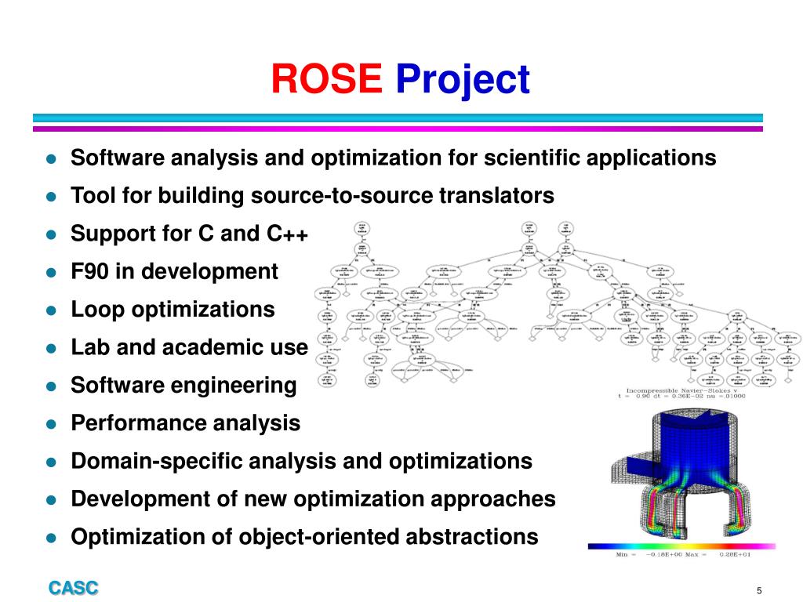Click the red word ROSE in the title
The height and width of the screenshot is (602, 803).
(326, 79)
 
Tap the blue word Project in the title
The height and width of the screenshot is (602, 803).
(463, 81)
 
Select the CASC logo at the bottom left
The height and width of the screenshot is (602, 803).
(74, 588)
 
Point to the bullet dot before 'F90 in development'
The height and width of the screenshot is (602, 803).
(51, 273)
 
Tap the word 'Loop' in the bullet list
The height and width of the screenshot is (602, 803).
(98, 310)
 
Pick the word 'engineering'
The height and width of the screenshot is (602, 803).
(234, 386)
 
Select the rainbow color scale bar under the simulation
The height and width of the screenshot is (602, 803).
(681, 546)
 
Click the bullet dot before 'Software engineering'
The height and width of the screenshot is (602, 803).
(51, 386)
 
